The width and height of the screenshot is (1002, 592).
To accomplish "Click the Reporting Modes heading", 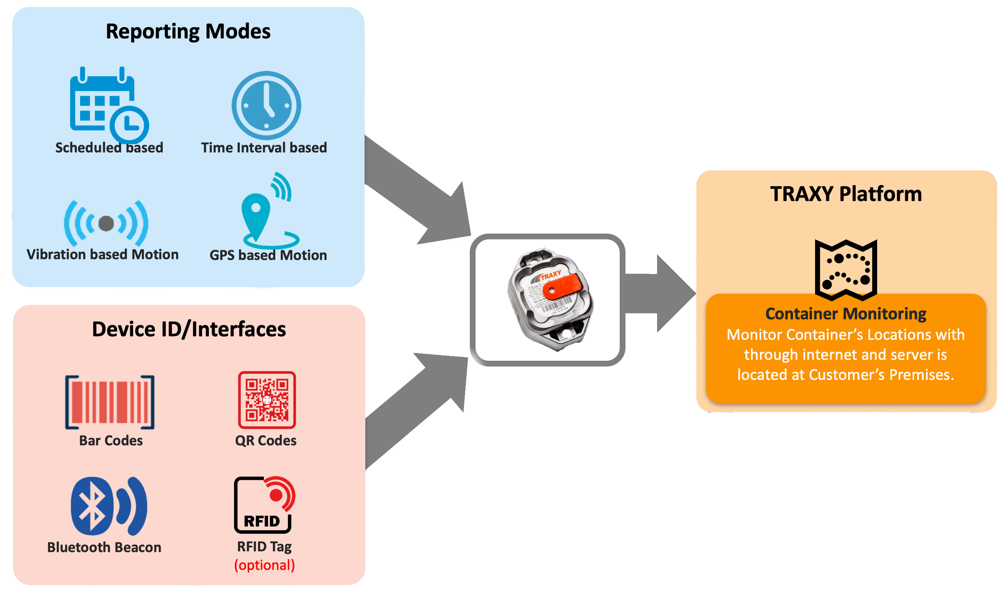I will coord(188,32).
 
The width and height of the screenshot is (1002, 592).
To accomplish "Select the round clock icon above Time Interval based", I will coord(266,105).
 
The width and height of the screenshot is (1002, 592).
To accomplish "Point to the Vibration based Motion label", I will coord(103,254).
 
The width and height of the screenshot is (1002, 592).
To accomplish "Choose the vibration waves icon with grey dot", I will coord(106,223).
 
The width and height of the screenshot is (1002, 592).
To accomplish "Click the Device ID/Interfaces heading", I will coord(189,330).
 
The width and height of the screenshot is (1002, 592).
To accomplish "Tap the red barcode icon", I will coord(110,402).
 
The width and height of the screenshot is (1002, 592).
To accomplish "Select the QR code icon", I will coord(267,400).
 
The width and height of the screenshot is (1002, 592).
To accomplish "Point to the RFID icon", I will coord(264,505).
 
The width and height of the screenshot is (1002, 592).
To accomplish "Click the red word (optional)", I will coord(264,565).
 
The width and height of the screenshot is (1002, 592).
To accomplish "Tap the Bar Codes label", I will coord(111,441).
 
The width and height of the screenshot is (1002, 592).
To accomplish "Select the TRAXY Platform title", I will coord(846,194).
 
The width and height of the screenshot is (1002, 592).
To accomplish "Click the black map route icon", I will coord(846,269).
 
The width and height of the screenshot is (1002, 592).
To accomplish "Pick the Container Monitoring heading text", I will coord(846,314).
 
